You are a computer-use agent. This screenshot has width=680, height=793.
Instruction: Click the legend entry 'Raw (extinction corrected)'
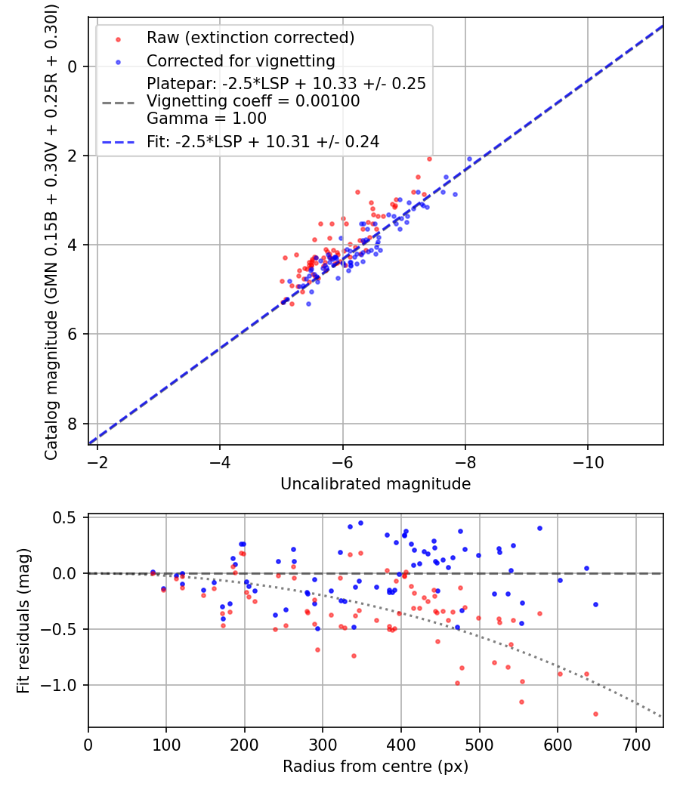[x=250, y=38]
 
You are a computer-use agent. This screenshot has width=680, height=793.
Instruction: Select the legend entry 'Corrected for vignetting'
[x=240, y=60]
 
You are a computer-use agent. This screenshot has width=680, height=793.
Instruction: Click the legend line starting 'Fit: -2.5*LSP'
[x=262, y=141]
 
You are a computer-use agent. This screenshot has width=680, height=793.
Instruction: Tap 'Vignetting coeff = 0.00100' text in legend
[x=253, y=101]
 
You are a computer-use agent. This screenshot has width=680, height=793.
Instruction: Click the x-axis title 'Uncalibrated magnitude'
[x=376, y=484]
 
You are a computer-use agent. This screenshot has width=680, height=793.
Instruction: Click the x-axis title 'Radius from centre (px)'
[x=376, y=767]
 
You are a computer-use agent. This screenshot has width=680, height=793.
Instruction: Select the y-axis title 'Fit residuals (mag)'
[x=23, y=621]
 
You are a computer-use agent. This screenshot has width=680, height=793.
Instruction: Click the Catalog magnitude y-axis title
[x=51, y=230]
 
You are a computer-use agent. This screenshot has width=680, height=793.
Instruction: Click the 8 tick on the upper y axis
[x=73, y=424]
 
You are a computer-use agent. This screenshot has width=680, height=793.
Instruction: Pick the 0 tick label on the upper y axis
[x=73, y=66]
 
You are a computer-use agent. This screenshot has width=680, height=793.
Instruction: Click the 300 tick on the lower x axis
[x=323, y=744]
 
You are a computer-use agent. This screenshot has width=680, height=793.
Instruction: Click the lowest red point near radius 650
[x=595, y=714]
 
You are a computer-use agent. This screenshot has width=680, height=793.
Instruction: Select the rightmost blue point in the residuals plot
[x=595, y=604]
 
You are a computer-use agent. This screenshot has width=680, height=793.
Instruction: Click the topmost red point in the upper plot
[x=429, y=159]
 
